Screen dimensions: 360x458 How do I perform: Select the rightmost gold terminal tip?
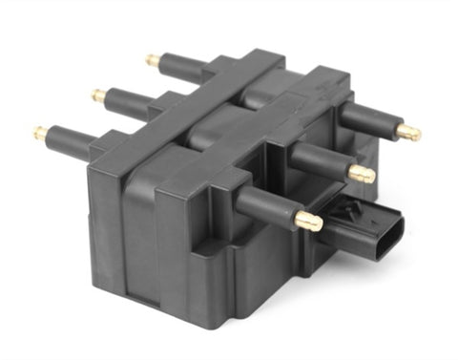[410, 133]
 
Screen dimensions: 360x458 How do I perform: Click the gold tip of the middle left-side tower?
[98, 95]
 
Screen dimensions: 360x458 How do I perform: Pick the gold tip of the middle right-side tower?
[363, 175]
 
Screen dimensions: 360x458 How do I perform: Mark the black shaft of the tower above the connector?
[267, 206]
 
